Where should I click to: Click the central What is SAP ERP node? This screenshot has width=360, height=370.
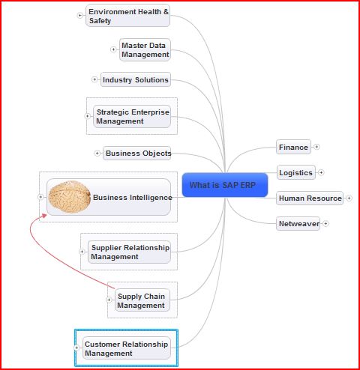coord(224,185)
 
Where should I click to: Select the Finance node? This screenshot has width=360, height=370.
coord(293,147)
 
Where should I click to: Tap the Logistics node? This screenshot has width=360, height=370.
coord(295,172)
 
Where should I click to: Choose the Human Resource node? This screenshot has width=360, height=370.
coord(310,198)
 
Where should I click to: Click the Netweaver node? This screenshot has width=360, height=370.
coord(298,223)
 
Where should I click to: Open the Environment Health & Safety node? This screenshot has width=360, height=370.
coord(128,16)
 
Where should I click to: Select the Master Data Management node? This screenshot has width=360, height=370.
coord(145,49)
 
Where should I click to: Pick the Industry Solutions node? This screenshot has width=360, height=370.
coord(135,79)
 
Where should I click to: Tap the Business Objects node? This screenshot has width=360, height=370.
coord(137,153)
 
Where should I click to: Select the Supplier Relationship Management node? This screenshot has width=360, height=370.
coord(129,252)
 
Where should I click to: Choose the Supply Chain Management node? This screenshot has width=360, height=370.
coord(141,301)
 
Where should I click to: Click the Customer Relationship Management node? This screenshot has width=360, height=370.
coord(127,348)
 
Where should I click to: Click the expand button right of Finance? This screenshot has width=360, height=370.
coord(316,147)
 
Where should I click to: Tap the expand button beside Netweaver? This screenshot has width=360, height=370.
coord(325,223)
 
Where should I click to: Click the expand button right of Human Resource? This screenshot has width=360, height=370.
coord(349,198)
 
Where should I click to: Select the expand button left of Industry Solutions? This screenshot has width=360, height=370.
coord(94,79)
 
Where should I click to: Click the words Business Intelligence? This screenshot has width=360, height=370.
coord(132,198)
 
